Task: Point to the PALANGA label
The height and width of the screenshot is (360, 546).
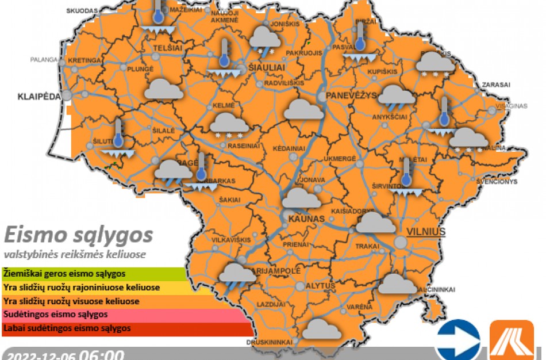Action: (x=44, y=59)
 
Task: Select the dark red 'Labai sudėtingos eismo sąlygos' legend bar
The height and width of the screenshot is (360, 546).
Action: (x=126, y=328)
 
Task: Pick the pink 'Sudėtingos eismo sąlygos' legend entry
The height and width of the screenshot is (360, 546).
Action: (x=126, y=315)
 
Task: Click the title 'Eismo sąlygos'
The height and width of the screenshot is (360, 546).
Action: (x=79, y=235)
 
